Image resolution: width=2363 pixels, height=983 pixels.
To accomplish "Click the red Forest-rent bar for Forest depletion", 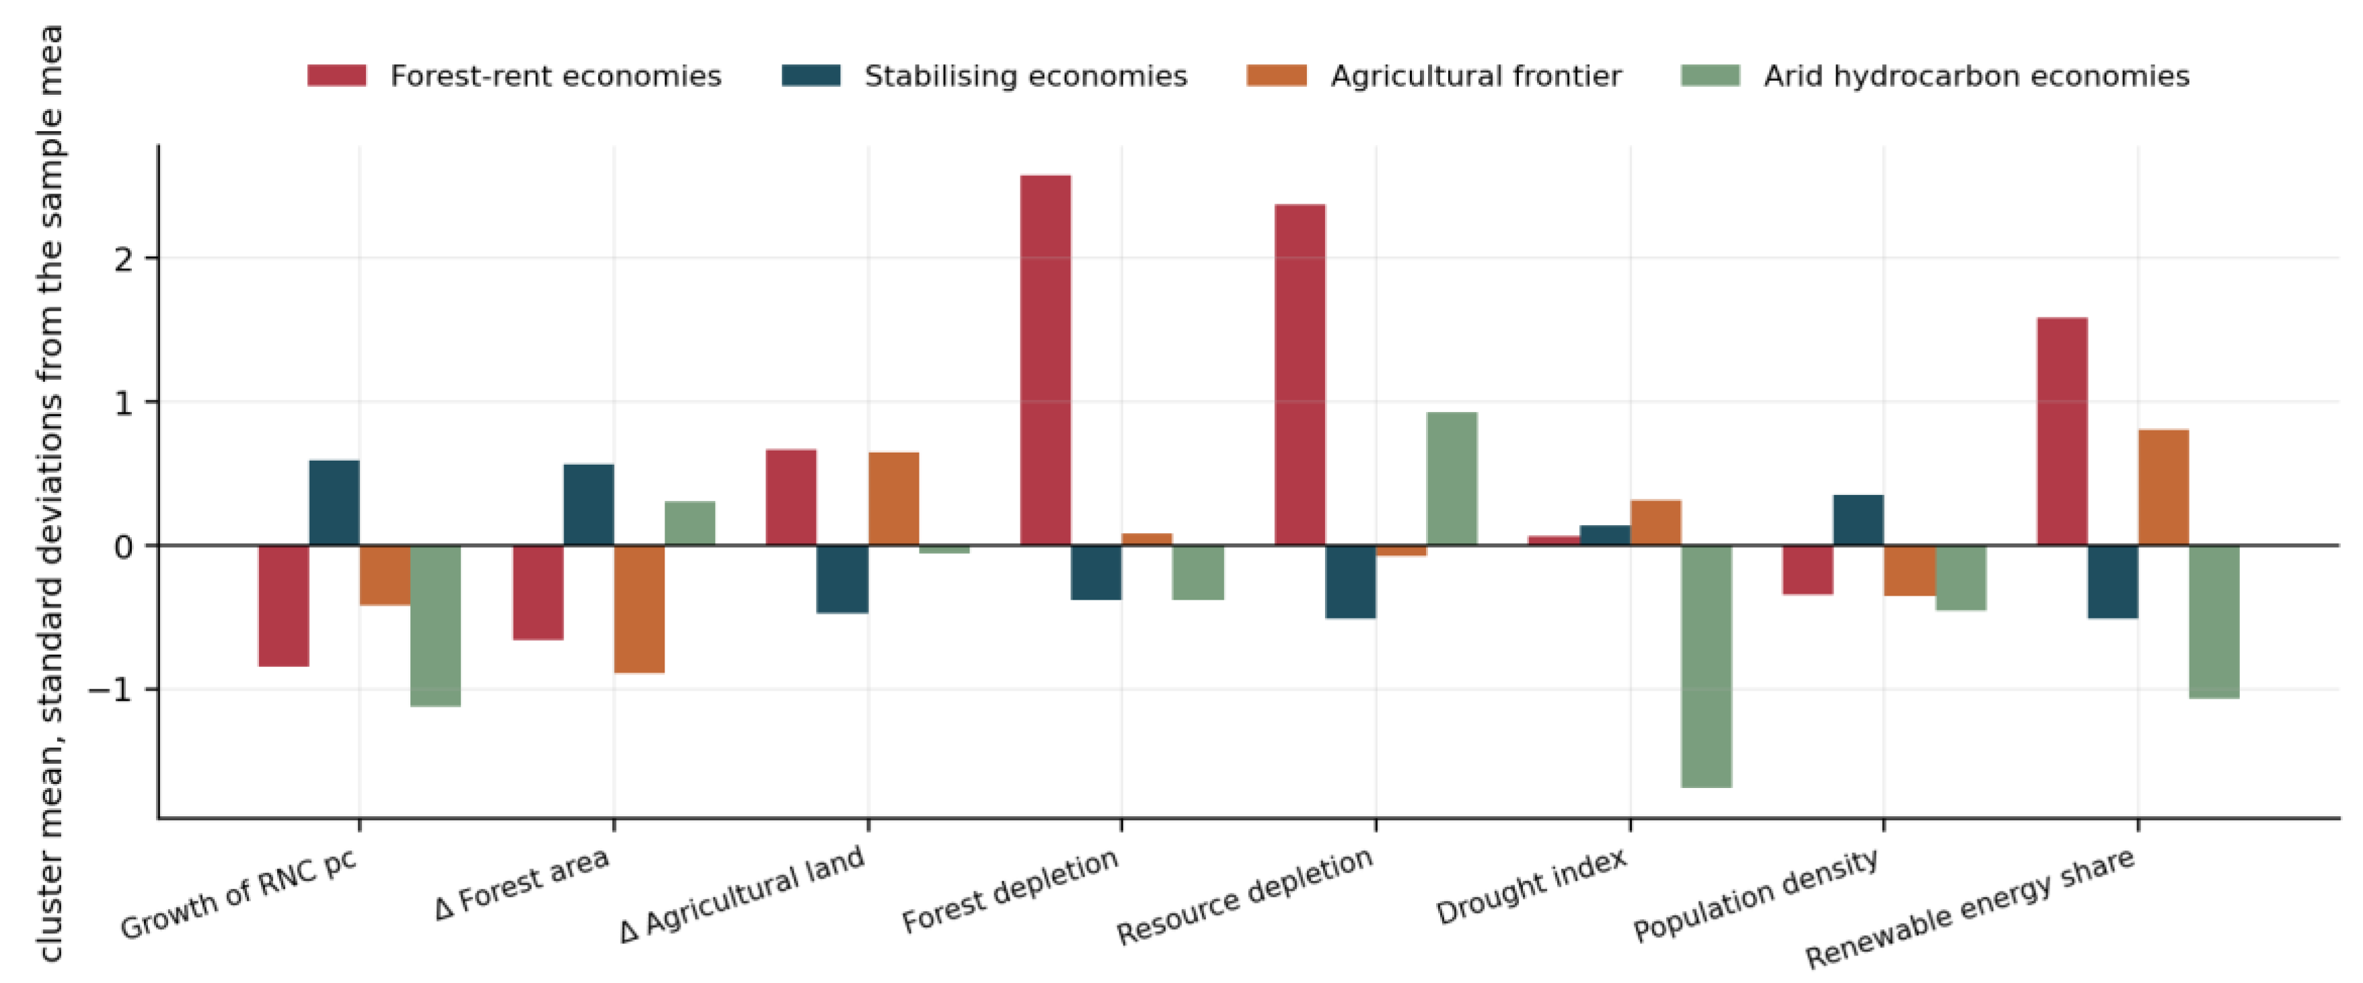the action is click(x=1046, y=360).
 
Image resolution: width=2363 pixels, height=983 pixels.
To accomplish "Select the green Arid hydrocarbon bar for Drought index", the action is click(x=1706, y=666).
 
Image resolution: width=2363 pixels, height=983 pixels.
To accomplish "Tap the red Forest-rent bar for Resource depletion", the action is click(x=1300, y=375).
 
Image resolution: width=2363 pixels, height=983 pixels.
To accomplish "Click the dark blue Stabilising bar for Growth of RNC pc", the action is click(x=334, y=502).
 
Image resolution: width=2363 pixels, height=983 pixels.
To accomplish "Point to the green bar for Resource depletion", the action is click(x=1452, y=479).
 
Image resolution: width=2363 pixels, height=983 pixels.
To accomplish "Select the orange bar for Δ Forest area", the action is click(x=640, y=610).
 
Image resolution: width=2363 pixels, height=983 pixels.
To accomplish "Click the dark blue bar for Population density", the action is click(x=1859, y=520).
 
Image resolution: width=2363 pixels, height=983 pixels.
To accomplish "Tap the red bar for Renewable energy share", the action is click(x=2062, y=432).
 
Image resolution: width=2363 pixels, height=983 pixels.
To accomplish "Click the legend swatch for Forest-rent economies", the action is click(x=336, y=75).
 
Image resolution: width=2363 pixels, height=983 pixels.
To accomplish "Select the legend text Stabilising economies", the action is click(x=1026, y=76).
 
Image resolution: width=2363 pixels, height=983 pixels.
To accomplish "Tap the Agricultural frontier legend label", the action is click(x=1476, y=76).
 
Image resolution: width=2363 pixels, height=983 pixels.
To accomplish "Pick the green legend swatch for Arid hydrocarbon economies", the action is click(x=1710, y=75).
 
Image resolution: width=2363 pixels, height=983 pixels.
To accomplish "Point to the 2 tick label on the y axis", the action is click(x=124, y=260).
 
